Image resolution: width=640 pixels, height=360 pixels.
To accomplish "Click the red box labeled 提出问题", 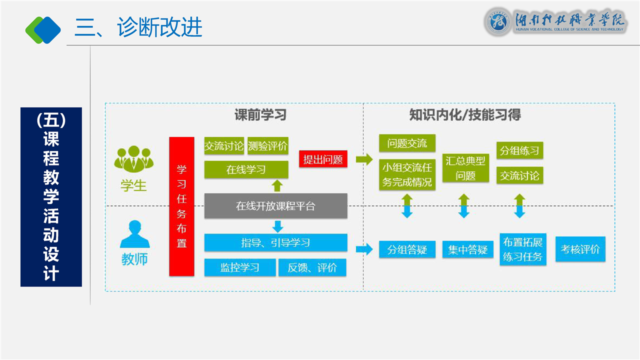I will click(323, 159).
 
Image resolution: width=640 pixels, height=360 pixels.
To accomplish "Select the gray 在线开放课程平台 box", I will click(275, 206).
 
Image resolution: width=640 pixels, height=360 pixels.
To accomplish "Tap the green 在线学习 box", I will click(246, 169).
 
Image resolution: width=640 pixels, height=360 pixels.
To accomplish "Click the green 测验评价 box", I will click(268, 146).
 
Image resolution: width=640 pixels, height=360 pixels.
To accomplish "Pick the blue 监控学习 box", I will click(240, 267).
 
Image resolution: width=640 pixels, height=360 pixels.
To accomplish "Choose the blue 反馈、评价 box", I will click(312, 267).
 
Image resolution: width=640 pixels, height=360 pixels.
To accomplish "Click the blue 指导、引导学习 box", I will click(275, 243).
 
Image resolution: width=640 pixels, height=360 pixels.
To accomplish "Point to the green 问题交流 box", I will click(407, 143).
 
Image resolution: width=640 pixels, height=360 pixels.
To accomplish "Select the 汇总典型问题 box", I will click(465, 168).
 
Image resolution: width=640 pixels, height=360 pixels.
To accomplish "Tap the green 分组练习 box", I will click(519, 150).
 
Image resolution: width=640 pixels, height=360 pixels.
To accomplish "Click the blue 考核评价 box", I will click(580, 248).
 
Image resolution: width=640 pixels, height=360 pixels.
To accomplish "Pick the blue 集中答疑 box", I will click(467, 249).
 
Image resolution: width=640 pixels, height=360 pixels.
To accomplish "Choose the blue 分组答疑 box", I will click(407, 249).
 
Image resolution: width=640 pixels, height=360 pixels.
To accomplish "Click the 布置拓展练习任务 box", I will click(523, 249).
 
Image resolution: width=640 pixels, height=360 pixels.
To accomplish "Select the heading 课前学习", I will click(260, 115).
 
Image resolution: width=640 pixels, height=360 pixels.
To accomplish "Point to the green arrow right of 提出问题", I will click(364, 159).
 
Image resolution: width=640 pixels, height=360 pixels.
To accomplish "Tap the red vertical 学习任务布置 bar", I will click(181, 206).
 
